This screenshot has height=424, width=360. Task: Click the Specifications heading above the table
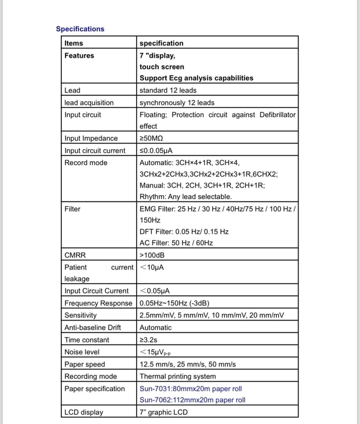[80, 29]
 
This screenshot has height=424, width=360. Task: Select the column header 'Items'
[74, 43]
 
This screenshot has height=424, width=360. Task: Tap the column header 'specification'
[161, 43]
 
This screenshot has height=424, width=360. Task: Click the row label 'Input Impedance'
[91, 138]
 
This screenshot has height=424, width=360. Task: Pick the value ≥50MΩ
[151, 138]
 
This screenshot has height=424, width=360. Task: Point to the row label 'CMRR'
[75, 255]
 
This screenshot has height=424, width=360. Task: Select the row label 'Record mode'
[86, 163]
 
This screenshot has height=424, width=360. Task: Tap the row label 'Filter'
[73, 209]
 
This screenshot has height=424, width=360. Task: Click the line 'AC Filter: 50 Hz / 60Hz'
[176, 243]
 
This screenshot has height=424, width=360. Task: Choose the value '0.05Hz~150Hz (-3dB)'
[175, 303]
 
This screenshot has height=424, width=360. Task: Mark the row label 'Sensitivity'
[80, 315]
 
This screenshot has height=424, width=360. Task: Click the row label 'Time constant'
[87, 340]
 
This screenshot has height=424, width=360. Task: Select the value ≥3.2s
[151, 340]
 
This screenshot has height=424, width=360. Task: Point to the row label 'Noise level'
[82, 352]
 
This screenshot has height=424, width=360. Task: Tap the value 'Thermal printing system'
[178, 376]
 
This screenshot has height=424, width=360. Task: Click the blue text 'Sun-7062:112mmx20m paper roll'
[193, 400]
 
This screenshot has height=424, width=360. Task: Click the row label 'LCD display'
[84, 412]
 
